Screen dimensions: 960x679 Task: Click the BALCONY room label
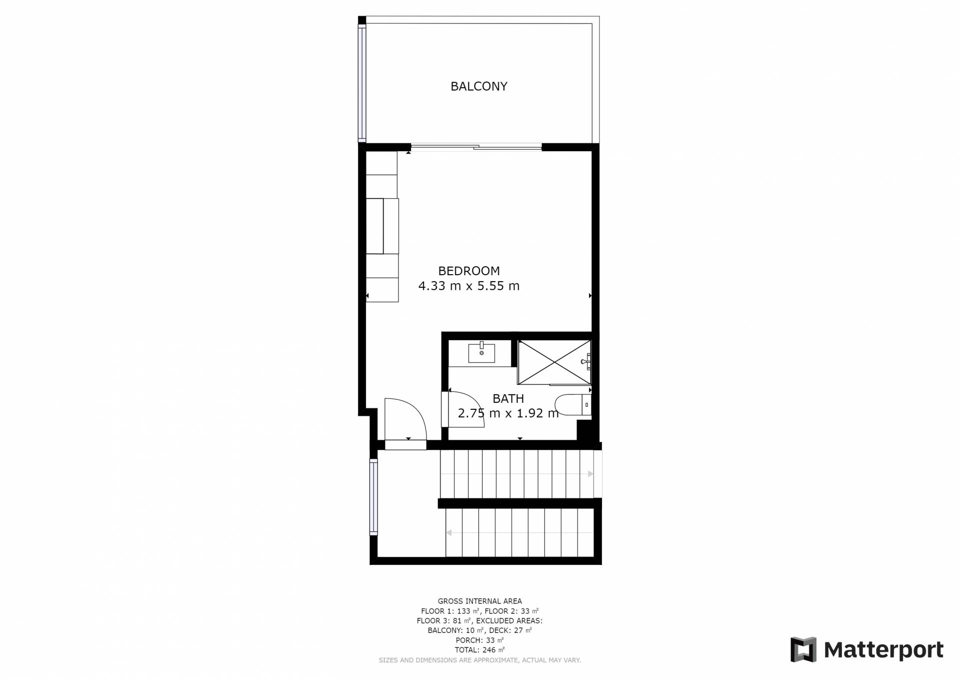479,87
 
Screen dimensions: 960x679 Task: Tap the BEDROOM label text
469,271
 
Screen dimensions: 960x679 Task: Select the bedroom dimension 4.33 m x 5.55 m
469,286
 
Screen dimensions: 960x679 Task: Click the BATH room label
508,399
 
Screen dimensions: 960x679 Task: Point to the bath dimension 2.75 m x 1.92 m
508,414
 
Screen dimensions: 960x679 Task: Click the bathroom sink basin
481,352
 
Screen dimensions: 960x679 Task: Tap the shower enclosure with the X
554,362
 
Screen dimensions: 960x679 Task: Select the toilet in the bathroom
573,405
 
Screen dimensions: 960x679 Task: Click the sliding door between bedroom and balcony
476,147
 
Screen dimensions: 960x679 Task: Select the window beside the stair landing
373,497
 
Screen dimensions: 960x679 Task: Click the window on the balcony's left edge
362,83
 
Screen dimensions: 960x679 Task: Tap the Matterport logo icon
803,649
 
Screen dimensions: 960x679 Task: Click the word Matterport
883,650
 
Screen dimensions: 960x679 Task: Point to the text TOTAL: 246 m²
479,650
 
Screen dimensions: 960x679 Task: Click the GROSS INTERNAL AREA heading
479,601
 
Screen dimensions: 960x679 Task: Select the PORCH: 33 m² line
479,640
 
